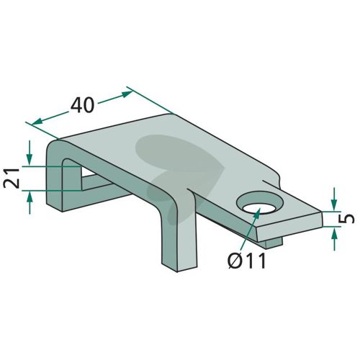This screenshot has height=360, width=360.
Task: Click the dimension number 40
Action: [x=82, y=106]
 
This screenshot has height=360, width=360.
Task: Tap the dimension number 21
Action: [x=12, y=179]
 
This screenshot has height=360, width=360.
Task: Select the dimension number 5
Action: [x=347, y=219]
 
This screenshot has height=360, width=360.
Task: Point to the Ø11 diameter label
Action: [x=247, y=261]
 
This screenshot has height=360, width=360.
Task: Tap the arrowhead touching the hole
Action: [x=257, y=212]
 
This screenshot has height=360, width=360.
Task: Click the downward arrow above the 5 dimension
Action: [x=334, y=199]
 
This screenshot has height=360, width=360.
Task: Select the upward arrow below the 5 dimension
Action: [x=334, y=239]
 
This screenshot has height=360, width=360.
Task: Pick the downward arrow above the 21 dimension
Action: [x=30, y=153]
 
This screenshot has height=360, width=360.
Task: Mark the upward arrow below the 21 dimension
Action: [x=30, y=202]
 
